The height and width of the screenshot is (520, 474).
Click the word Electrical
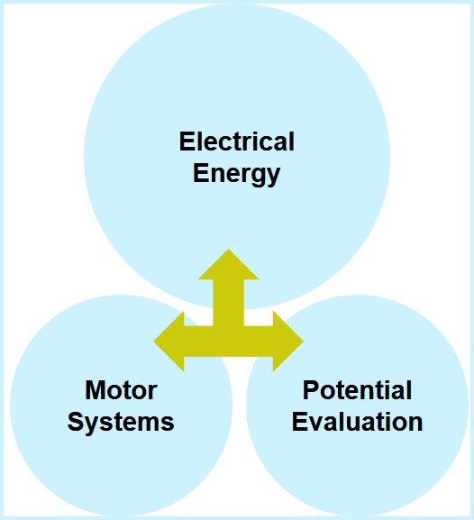(x=236, y=141)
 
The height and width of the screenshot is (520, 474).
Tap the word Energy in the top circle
(x=236, y=174)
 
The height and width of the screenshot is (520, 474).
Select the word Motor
(x=121, y=390)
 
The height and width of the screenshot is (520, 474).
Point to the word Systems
(x=121, y=422)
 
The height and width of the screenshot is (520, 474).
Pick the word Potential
(x=357, y=390)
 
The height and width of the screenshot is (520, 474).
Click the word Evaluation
(x=357, y=422)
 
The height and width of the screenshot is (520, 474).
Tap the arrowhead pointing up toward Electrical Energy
(x=228, y=265)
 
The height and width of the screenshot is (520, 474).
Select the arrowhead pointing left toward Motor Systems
(x=169, y=342)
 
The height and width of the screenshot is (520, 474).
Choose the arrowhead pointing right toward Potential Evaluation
(x=288, y=342)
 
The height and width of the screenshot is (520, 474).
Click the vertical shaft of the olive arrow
(x=228, y=303)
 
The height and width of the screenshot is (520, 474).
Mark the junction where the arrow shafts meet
(x=228, y=342)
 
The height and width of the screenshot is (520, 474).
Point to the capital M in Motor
(x=95, y=390)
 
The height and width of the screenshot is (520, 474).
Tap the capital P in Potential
(x=311, y=390)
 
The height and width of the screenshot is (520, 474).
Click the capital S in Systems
(x=76, y=422)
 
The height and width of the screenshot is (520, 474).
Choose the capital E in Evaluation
(x=299, y=422)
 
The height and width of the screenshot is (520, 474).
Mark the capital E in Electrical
(x=187, y=141)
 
